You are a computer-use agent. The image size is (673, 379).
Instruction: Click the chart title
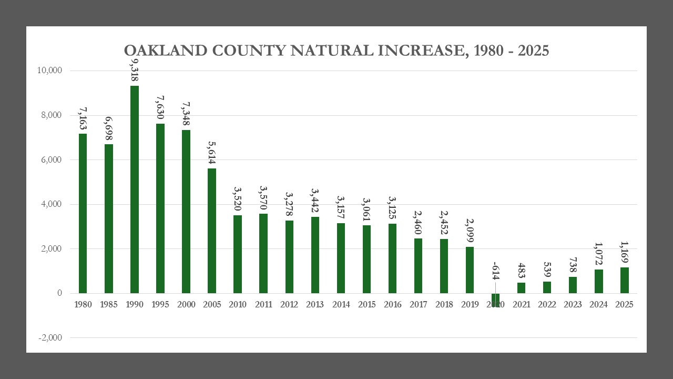pyautogui.click(x=336, y=51)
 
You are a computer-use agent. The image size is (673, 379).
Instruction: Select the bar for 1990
pyautogui.click(x=135, y=189)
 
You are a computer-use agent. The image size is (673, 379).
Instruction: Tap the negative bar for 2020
pyautogui.click(x=495, y=300)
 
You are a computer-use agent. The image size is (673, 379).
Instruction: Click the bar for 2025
pyautogui.click(x=624, y=280)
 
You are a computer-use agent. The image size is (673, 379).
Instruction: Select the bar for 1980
pyautogui.click(x=83, y=213)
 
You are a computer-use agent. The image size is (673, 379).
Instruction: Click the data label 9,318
pyautogui.click(x=135, y=71)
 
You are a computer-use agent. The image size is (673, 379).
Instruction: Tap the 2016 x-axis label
pyautogui.click(x=392, y=305)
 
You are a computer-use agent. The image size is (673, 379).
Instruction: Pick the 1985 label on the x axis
pyautogui.click(x=109, y=305)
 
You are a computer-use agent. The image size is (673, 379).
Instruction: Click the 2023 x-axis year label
pyautogui.click(x=573, y=305)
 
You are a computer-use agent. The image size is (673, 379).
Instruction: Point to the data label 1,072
pyautogui.click(x=598, y=255)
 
